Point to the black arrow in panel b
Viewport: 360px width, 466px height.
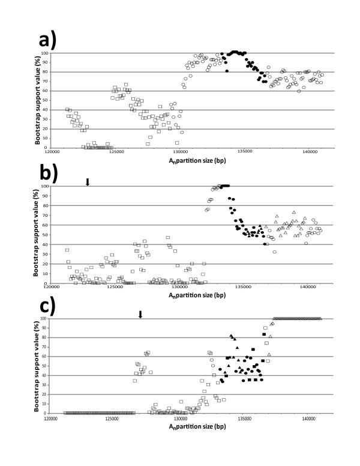coord(88,182)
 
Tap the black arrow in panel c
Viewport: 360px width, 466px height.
coord(140,314)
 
